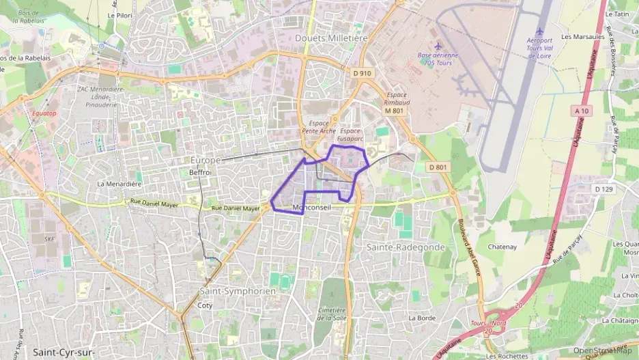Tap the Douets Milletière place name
click(x=327, y=38)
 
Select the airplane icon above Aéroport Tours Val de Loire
click(x=540, y=31)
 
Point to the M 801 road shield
click(x=395, y=111)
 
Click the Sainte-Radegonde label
click(x=406, y=247)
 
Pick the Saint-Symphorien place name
click(x=238, y=290)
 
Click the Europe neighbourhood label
click(x=205, y=160)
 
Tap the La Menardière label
click(x=119, y=184)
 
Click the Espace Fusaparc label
click(x=350, y=134)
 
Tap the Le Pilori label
click(x=120, y=14)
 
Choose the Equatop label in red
click(x=45, y=113)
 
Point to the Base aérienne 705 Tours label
click(x=438, y=59)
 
